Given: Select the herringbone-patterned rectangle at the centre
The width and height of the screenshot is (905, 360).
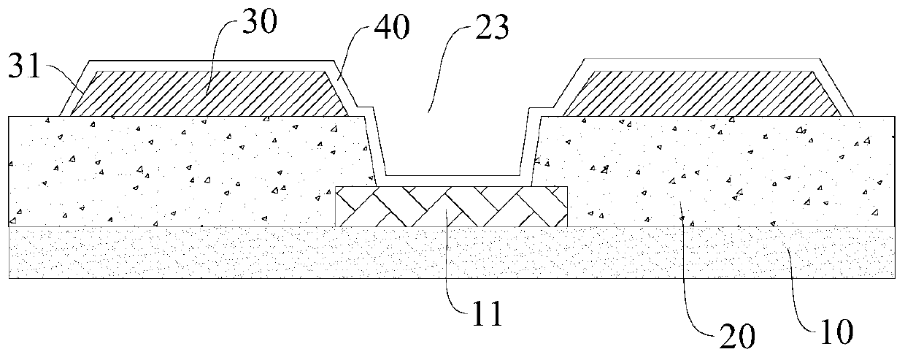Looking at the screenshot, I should click(x=450, y=206).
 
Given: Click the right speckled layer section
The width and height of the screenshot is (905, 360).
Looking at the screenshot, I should click(x=715, y=172).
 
